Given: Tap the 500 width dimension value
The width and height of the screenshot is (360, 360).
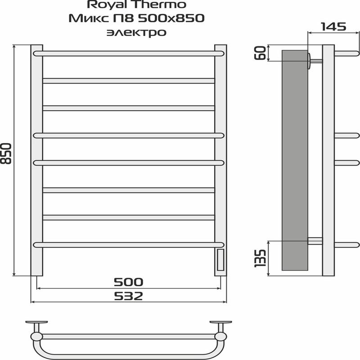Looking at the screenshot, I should pos(128,282).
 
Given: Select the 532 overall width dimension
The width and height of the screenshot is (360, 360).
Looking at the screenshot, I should pos(128,296).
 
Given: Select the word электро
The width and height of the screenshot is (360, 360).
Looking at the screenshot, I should pos(135,32).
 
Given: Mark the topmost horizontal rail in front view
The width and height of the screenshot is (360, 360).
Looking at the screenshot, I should pos(128,53).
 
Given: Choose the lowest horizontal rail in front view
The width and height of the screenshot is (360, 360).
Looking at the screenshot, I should pos(128,244).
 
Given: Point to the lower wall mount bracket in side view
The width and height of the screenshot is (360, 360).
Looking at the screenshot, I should pos(315,241).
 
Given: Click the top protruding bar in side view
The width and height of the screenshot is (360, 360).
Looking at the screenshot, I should pos(346,53).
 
